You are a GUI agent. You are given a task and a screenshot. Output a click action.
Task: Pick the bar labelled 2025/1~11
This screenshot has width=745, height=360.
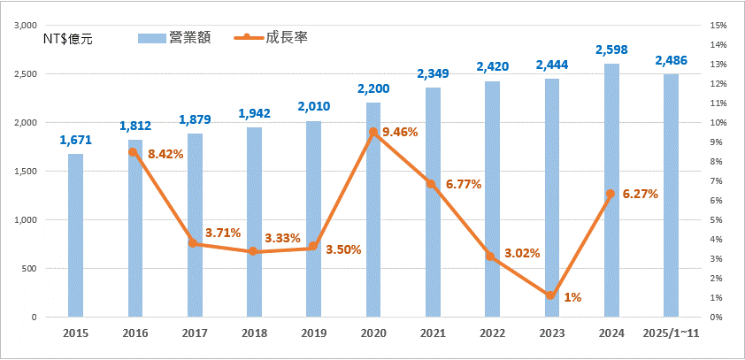pos(672,195)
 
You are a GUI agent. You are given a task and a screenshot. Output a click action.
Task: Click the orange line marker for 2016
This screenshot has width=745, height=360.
pos(133,152)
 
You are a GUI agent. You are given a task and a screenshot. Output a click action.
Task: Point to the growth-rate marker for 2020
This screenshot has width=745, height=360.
pos(373,132)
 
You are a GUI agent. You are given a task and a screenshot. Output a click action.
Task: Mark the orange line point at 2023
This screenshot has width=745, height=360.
pos(550,295)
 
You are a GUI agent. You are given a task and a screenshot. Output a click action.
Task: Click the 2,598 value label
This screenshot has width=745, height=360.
pos(611,50)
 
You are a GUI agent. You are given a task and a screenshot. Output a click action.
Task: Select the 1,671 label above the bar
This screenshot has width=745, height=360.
pos(75,140)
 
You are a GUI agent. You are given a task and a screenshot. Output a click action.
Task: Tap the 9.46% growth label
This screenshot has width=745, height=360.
pos(398,132)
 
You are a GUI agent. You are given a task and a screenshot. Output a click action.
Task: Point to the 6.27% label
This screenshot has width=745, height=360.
pos(639,194)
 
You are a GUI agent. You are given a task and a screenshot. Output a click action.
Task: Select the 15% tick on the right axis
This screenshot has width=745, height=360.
pos(718,26)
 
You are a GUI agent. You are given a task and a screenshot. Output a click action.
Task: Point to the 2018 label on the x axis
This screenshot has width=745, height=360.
pos(254,333)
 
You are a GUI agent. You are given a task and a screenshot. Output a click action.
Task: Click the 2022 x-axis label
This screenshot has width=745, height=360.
pos(492,333)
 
